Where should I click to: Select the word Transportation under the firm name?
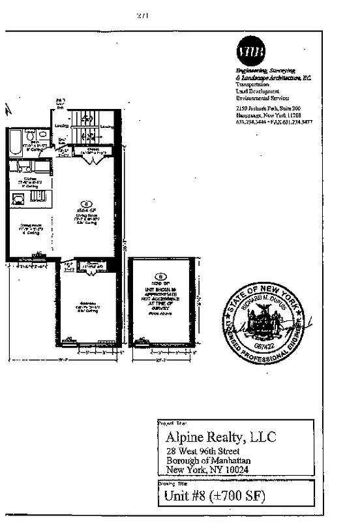click(252, 85)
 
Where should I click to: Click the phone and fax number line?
click(274, 121)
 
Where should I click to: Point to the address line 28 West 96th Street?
click(202, 452)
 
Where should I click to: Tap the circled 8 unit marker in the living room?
click(83, 203)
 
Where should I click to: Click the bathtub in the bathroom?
click(14, 142)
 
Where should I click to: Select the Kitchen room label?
click(30, 178)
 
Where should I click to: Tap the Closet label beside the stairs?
click(93, 150)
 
